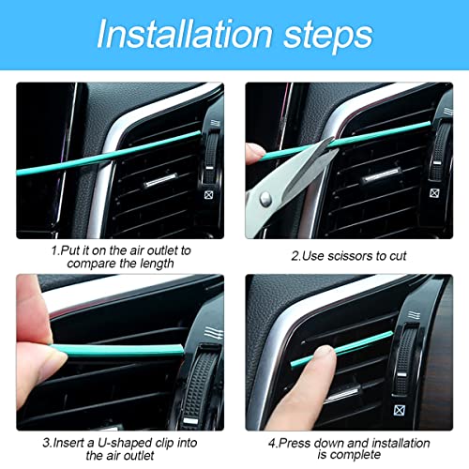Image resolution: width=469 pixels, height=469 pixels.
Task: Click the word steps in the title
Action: (325, 36)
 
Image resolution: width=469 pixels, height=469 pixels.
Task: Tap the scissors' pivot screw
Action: (265, 197)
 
